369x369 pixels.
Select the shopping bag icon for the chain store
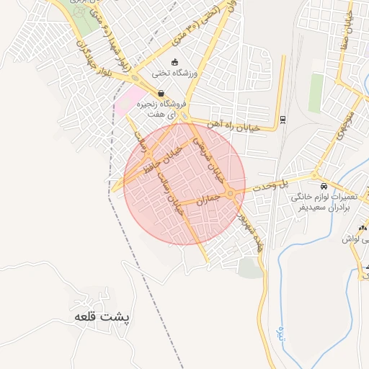[159, 93]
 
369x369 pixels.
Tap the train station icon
[283, 119]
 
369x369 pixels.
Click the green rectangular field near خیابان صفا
[316, 93]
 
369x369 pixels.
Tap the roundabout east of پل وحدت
[315, 174]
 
